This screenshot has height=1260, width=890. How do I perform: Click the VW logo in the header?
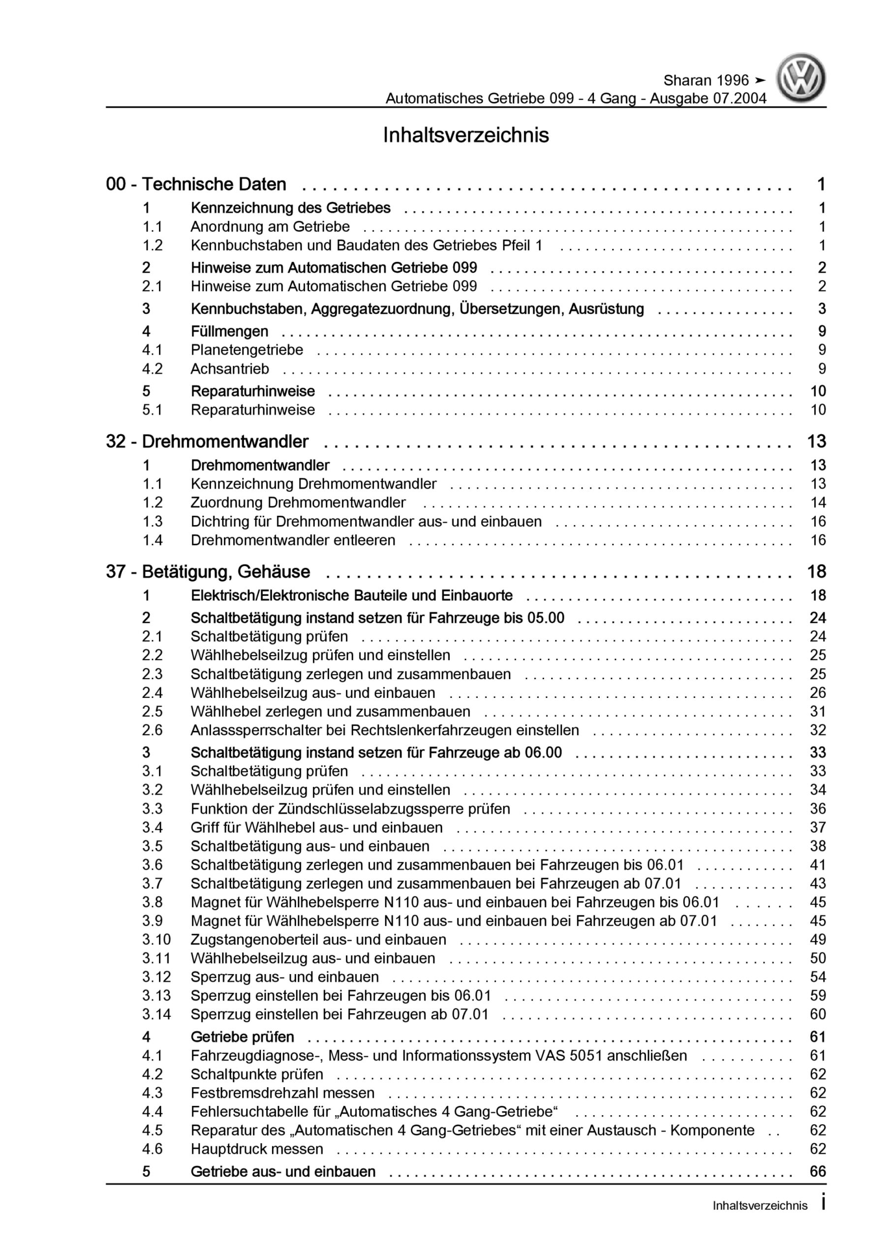[800, 78]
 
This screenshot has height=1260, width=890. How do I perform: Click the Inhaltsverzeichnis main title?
[466, 135]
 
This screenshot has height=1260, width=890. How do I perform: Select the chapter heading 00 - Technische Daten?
[196, 185]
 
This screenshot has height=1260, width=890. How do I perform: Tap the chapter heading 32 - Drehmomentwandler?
[207, 442]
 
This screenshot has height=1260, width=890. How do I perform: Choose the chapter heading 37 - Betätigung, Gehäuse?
[208, 572]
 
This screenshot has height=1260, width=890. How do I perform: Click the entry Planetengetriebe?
[246, 349]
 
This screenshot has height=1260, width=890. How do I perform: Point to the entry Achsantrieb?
[229, 369]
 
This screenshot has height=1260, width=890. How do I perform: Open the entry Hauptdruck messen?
[257, 1149]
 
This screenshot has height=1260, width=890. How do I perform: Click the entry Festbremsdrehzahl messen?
[282, 1093]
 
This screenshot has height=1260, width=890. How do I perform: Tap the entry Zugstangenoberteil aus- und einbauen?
[318, 940]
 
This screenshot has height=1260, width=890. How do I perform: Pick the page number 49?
[818, 940]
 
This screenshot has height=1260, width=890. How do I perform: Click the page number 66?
[818, 1171]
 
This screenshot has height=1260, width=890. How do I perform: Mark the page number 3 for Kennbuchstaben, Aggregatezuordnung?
[822, 309]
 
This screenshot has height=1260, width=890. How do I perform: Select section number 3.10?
[156, 940]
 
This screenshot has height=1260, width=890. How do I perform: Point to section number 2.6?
[153, 730]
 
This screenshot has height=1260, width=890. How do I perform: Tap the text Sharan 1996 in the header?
[706, 81]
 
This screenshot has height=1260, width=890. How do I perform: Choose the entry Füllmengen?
[229, 331]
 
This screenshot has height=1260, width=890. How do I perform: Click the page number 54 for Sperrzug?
[818, 977]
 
